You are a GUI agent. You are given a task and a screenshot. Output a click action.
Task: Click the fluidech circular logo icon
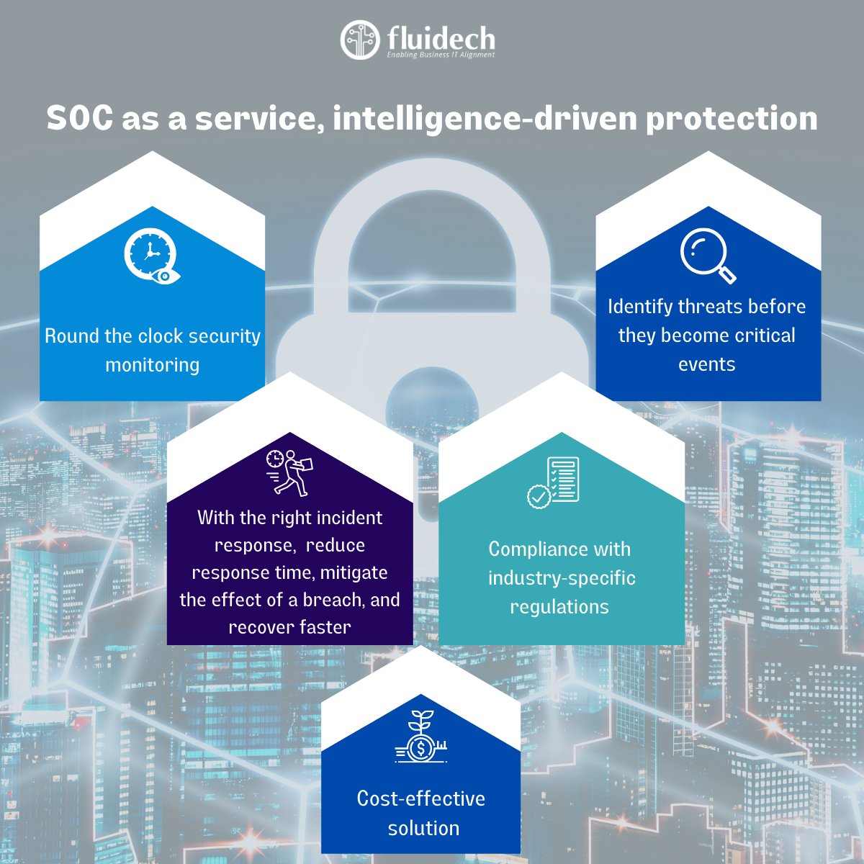359,40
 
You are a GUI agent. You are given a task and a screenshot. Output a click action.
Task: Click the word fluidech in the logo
440,37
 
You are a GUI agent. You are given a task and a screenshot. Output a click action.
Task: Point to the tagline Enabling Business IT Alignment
441,55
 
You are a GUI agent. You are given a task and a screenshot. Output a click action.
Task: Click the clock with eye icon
151,256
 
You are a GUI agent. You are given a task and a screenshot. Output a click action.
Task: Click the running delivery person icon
289,472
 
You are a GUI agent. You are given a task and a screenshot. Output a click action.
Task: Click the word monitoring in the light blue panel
153,365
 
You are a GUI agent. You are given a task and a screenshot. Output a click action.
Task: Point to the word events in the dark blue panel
707,364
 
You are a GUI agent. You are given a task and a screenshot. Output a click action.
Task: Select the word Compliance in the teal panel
523,549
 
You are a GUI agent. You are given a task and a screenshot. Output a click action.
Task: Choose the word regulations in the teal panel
559,607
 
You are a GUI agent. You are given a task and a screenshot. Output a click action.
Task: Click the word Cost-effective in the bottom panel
421,798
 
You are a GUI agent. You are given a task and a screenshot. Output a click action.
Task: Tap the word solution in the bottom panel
423,828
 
